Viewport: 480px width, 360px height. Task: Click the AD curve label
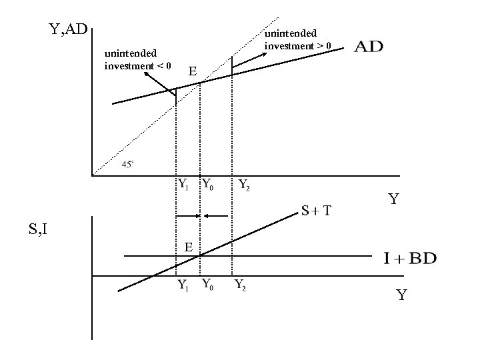[368, 48]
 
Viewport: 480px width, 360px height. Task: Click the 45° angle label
[128, 164]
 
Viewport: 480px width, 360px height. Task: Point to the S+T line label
[317, 211]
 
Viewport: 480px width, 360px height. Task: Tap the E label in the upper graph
[192, 71]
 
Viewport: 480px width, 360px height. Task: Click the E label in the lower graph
[189, 247]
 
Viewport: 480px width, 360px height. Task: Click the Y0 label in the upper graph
[207, 184]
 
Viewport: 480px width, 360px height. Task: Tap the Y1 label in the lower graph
[182, 285]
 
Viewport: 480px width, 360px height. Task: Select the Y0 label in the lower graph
[207, 285]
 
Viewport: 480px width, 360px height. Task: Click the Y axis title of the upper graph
[395, 199]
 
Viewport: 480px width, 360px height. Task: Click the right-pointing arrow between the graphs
[187, 216]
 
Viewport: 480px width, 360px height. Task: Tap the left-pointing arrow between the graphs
[217, 216]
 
